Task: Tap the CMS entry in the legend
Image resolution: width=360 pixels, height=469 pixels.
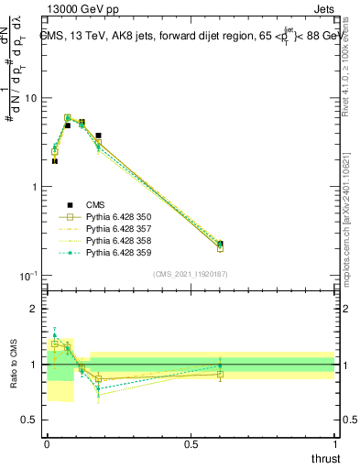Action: click(x=95, y=204)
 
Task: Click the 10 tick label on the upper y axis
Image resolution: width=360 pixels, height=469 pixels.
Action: click(x=31, y=98)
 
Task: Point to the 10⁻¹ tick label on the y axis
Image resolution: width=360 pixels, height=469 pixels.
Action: click(x=29, y=276)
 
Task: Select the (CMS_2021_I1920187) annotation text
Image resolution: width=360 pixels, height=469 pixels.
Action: click(x=191, y=274)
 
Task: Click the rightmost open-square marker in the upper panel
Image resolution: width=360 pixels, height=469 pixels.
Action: click(x=220, y=247)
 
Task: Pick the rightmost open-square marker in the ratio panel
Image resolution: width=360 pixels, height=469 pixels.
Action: click(x=220, y=374)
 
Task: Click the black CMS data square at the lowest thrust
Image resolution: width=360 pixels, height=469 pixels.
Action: click(x=55, y=161)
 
